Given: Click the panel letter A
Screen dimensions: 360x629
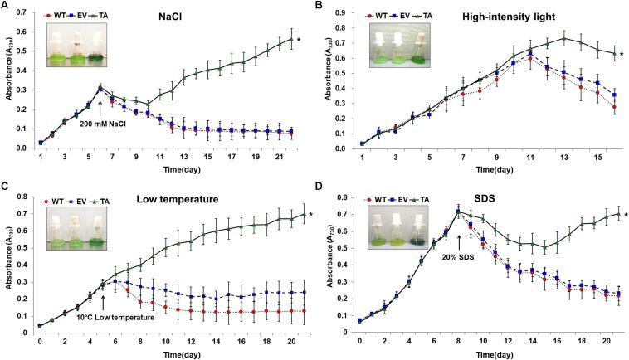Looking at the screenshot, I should click(5, 8).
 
